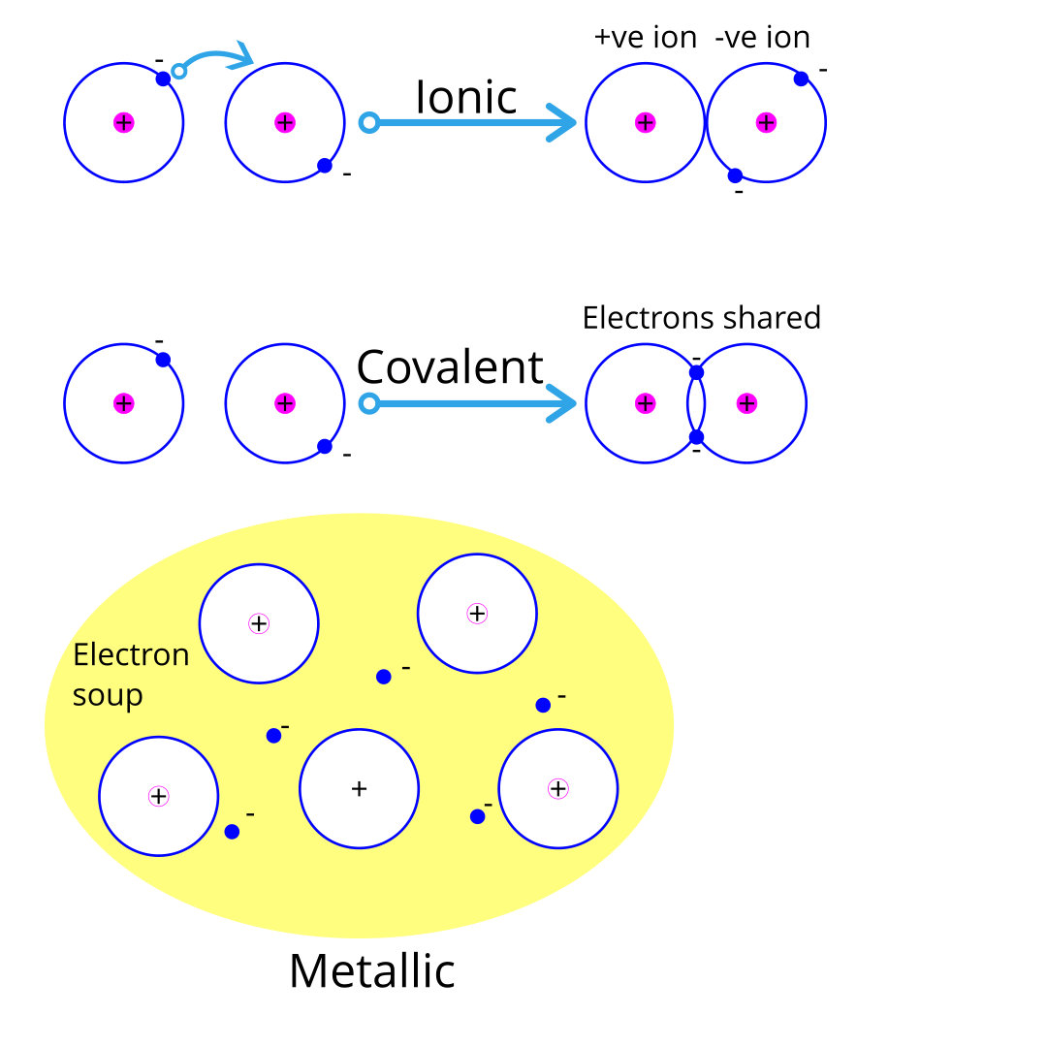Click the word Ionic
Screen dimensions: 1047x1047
coord(465,98)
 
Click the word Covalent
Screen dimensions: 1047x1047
coord(450,367)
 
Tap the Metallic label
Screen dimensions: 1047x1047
coord(372,970)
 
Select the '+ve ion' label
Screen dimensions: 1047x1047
coord(645,38)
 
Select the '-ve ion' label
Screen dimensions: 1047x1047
coord(761,38)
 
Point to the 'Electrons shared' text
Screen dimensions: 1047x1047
coord(701,318)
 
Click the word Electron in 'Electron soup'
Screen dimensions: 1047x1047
coord(131,655)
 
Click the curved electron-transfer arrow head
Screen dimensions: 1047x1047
coord(244,56)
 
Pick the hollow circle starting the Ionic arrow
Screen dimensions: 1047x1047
coord(368,122)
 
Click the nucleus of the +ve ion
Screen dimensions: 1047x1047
coord(645,122)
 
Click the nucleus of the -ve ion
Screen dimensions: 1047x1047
coord(766,122)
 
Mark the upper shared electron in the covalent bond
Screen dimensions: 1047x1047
coord(696,372)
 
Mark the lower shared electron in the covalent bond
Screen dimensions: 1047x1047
coord(696,437)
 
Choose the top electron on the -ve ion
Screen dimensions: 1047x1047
coord(801,79)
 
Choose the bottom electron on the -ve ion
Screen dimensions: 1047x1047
coord(735,175)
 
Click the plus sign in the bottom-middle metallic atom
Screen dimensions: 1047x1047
coord(359,789)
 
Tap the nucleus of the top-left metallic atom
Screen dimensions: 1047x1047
coord(258,623)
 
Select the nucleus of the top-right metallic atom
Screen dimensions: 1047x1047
coord(476,613)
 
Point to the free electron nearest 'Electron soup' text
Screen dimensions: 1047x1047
coord(273,736)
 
